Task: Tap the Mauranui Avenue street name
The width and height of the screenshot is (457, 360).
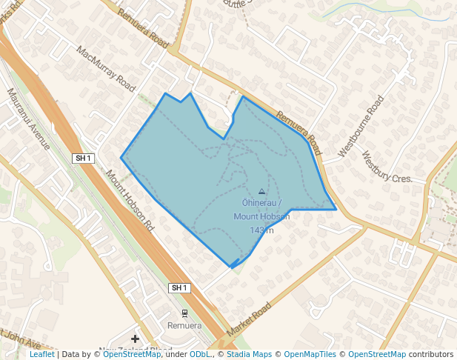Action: (29, 119)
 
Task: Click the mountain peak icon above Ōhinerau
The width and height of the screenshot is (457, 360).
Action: (261, 191)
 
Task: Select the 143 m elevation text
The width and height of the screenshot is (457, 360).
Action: (261, 230)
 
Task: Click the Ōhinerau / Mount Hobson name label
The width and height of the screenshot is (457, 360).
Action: (261, 209)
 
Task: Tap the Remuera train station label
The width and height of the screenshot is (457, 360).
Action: (184, 326)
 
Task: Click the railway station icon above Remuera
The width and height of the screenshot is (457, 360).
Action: (184, 313)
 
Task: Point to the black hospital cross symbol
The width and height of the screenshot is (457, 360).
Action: (135, 339)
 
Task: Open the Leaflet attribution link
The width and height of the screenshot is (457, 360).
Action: (41, 354)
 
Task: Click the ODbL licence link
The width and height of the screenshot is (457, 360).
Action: (199, 354)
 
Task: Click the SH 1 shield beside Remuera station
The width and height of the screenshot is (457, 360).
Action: (179, 287)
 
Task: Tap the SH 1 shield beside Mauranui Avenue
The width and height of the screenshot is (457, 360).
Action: (83, 158)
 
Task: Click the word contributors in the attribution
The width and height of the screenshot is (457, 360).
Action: (431, 354)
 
